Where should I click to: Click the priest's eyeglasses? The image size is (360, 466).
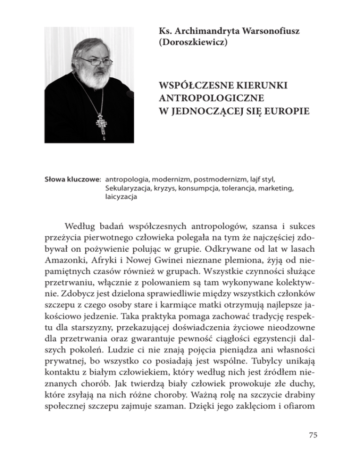(x=94, y=60)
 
